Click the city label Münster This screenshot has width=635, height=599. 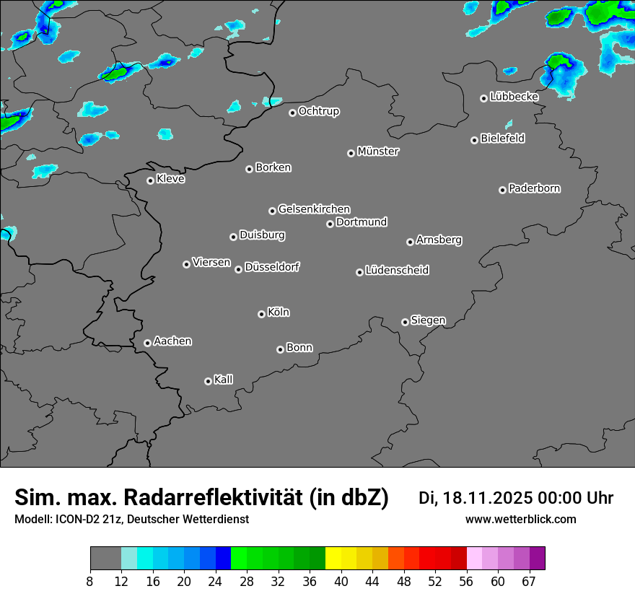coord(378,152)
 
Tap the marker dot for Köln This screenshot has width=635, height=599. coord(261,314)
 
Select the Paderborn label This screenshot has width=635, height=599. coord(535,188)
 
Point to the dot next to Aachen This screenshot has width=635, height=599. coord(147,343)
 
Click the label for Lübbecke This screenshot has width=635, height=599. coord(514,97)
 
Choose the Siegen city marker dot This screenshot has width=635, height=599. coord(405,322)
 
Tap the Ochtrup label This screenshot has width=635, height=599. coord(319,111)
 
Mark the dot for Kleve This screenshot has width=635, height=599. coord(150,180)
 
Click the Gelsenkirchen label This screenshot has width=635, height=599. coord(314,209)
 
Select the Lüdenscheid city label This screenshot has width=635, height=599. coord(397,271)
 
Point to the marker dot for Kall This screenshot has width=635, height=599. coord(208,381)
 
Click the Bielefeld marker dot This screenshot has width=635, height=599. coord(474,140)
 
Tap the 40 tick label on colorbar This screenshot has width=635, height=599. coord(341,581)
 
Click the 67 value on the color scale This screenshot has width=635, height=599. coord(530,581)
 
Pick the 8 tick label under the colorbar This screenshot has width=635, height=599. coord(90,581)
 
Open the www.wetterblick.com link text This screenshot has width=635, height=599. coord(521,520)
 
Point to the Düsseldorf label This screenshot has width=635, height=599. coord(272,267)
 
